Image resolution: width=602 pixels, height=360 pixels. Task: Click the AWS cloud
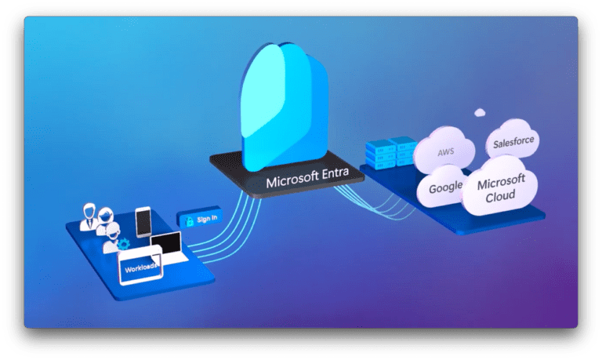pos(444,150)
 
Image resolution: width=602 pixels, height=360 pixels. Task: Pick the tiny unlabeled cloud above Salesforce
pos(479,113)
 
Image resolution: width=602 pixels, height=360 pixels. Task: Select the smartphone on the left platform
pos(143,222)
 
